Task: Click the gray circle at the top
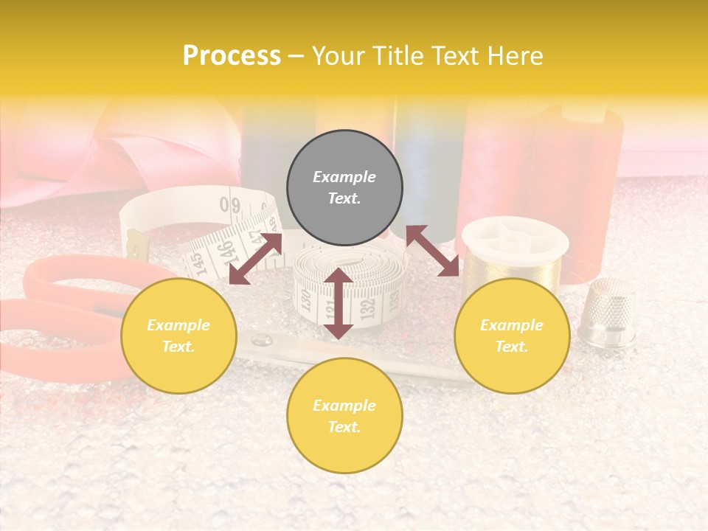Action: (x=344, y=187)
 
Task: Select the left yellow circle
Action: (x=178, y=336)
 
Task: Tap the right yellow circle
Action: (x=512, y=336)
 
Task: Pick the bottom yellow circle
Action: (x=344, y=416)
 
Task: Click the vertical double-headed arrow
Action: (x=339, y=303)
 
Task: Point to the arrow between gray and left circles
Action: (x=255, y=259)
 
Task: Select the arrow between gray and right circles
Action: (x=432, y=251)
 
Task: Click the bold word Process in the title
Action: (x=232, y=56)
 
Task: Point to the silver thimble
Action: (x=606, y=313)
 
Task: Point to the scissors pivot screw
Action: (x=260, y=341)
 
